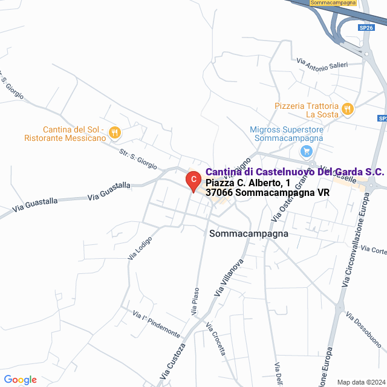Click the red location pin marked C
(x=192, y=180)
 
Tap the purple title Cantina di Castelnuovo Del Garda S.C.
(x=294, y=172)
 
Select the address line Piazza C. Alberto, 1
(x=248, y=183)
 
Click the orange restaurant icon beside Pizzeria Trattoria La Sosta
(x=347, y=109)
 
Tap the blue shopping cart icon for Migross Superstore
(x=307, y=151)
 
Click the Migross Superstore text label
(x=287, y=134)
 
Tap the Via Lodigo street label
(x=140, y=247)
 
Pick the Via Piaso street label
(x=195, y=302)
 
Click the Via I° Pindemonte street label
(x=157, y=325)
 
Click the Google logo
(x=20, y=380)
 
